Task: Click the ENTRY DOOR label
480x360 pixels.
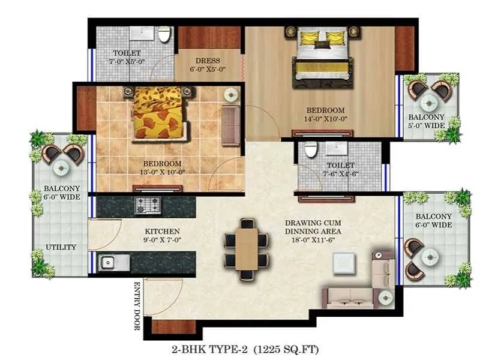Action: [137, 305]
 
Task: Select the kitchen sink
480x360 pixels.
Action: [109, 262]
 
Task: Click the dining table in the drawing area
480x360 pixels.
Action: [246, 248]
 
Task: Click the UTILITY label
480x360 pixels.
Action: [61, 247]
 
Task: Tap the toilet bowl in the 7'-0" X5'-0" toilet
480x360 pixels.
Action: [164, 35]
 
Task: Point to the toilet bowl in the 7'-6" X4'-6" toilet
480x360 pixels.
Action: [310, 151]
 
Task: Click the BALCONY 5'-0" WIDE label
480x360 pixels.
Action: [427, 121]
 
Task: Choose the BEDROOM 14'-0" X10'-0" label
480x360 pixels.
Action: [325, 115]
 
